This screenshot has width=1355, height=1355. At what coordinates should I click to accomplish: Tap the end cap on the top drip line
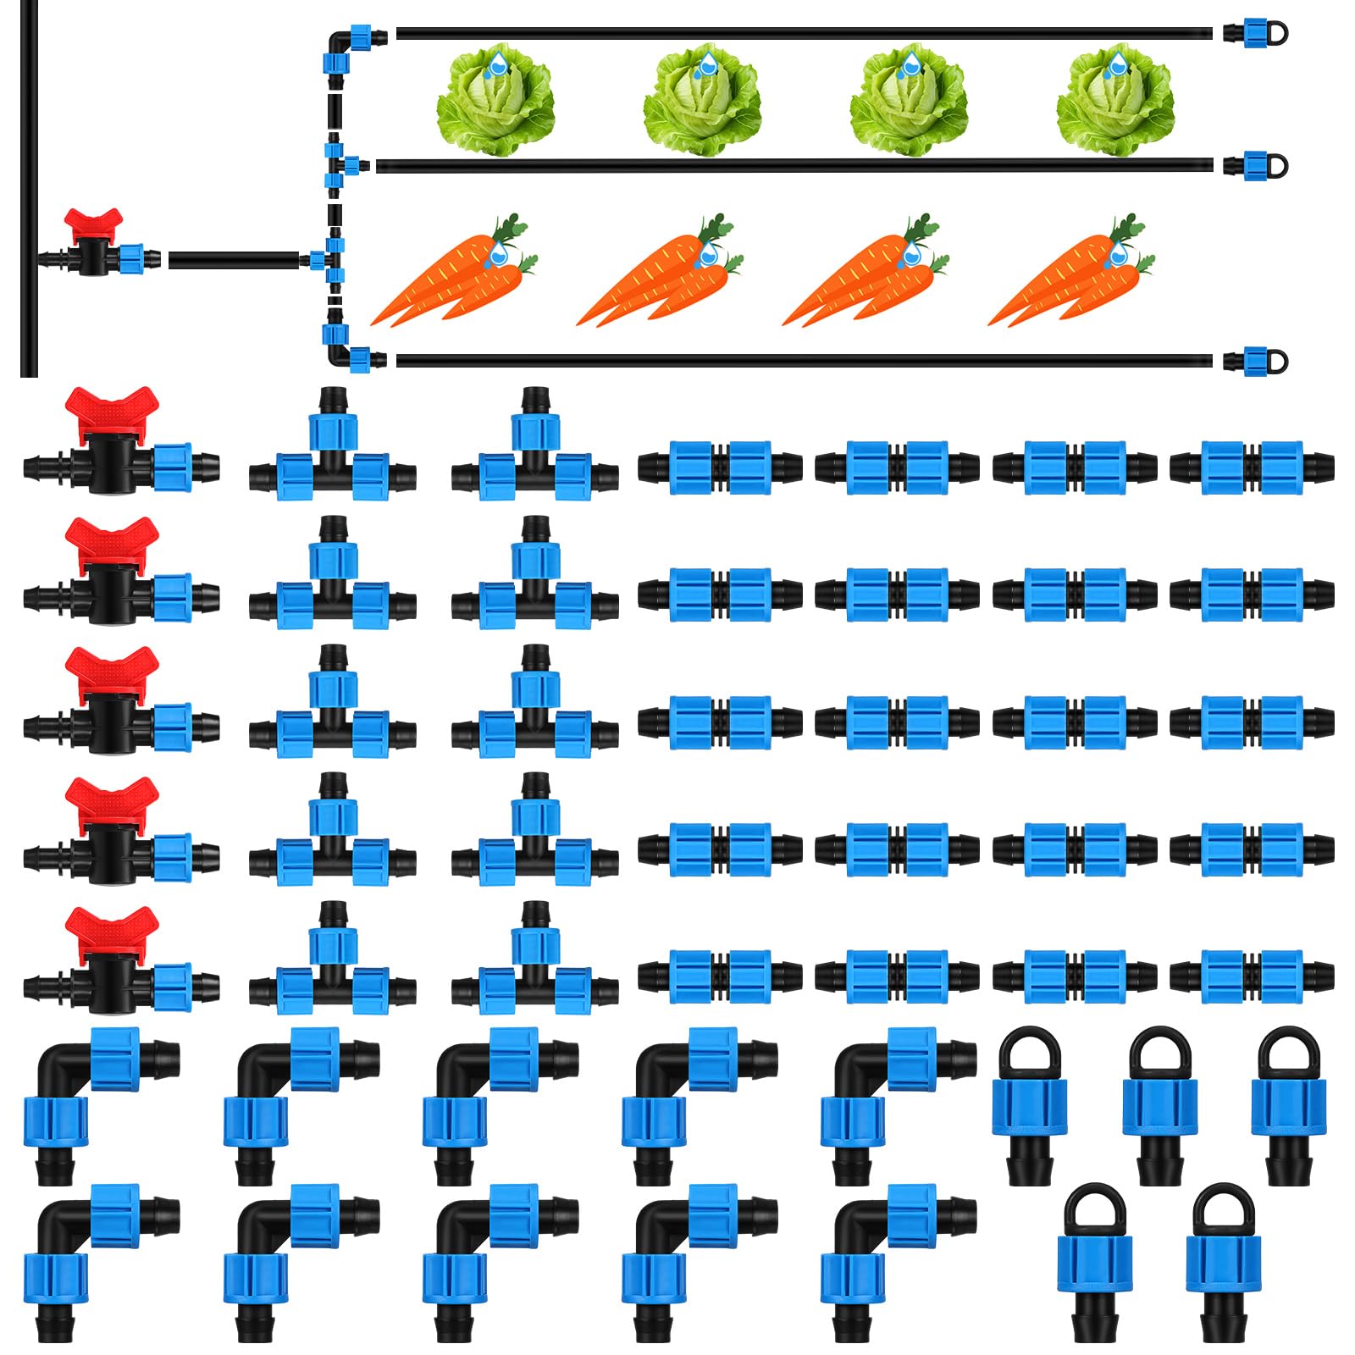(x=1255, y=34)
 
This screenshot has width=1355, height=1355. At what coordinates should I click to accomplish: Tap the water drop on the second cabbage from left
(x=706, y=64)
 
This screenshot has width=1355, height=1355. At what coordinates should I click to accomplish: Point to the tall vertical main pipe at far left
(x=29, y=186)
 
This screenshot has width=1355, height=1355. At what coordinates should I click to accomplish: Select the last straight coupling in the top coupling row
(x=1252, y=467)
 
